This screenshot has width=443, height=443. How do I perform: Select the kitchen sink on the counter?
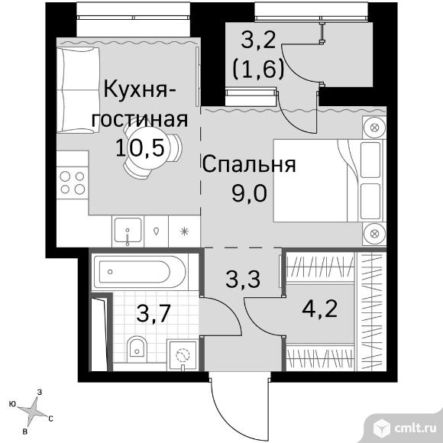tap(128, 231)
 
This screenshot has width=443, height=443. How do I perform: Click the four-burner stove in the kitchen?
tap(73, 183)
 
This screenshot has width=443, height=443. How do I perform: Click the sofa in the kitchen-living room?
tap(78, 90)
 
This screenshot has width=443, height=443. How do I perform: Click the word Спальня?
tap(249, 165)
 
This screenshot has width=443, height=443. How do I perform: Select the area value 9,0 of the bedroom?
tap(249, 193)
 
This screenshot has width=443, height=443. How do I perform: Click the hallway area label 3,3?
tap(243, 279)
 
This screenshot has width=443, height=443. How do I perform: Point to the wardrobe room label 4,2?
tap(320, 309)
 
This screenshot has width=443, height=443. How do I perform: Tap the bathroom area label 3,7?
tap(154, 314)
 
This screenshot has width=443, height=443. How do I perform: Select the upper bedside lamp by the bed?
tap(374, 128)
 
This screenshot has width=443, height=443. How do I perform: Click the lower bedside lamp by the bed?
tap(374, 234)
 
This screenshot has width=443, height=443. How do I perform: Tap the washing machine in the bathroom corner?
tap(182, 355)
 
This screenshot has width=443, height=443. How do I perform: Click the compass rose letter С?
tap(50, 419)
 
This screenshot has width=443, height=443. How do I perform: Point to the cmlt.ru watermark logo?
tap(405, 429)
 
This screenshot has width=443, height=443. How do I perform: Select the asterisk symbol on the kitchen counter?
tap(184, 231)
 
